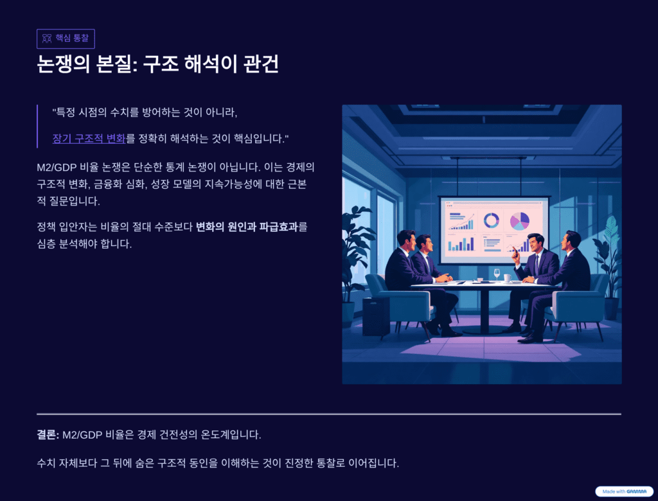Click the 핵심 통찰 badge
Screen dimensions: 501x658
pyautogui.click(x=66, y=39)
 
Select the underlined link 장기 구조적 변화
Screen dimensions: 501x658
pyautogui.click(x=89, y=138)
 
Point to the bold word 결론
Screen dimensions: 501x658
pyautogui.click(x=48, y=435)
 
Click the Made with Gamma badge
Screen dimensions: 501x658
pyautogui.click(x=624, y=491)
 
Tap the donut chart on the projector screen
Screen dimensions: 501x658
pyautogui.click(x=492, y=220)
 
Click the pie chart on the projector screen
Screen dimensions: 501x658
pyautogui.click(x=519, y=221)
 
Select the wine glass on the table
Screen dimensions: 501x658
pyautogui.click(x=497, y=274)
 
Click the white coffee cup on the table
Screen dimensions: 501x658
pyautogui.click(x=508, y=277)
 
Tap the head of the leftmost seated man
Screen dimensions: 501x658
pyautogui.click(x=406, y=240)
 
